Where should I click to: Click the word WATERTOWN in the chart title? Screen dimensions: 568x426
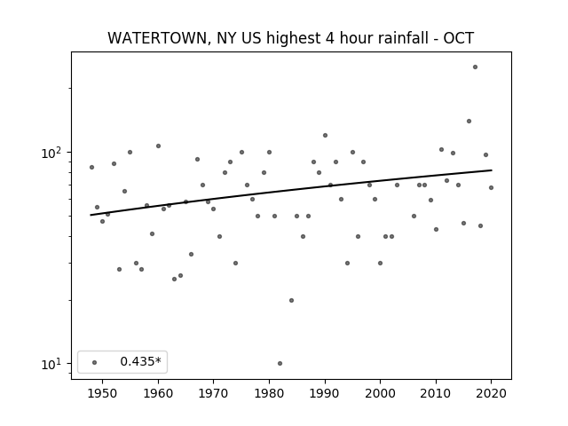click(158, 38)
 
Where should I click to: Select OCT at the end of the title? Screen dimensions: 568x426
click(459, 38)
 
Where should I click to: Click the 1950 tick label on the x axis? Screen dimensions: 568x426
click(103, 393)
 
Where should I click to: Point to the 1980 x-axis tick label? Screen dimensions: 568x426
click(269, 393)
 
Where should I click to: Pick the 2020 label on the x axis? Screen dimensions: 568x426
click(491, 393)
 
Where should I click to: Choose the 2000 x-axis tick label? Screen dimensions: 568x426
click(380, 393)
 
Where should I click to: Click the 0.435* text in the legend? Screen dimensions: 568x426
click(140, 361)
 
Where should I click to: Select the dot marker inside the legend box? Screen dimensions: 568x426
click(95, 362)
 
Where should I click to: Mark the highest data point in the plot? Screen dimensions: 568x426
click(476, 67)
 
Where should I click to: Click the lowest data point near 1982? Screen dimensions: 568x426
click(280, 363)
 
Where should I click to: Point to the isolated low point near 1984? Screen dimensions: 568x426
click(292, 300)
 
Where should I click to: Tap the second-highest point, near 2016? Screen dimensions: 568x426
click(469, 121)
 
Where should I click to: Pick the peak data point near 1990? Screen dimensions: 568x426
click(326, 136)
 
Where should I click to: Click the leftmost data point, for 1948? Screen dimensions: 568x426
click(92, 168)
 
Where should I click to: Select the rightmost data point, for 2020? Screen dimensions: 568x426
click(491, 187)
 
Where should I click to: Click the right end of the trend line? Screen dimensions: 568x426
click(492, 170)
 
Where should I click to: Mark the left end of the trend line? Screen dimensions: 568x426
click(91, 215)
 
